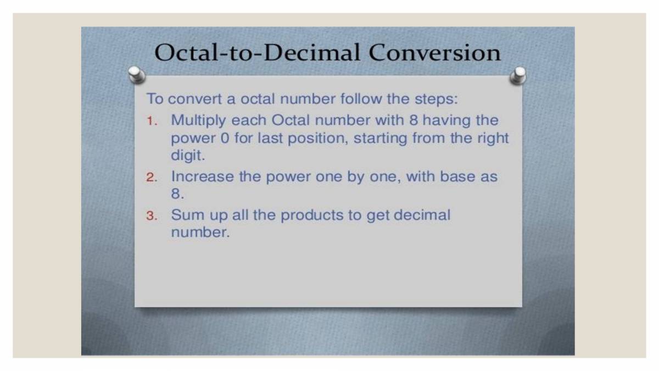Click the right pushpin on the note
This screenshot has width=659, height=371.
pos(517,75)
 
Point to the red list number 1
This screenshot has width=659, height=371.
pos(152,121)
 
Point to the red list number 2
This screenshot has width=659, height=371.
pos(152,178)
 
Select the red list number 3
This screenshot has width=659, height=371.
pos(152,216)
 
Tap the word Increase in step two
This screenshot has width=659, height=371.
pos(202,177)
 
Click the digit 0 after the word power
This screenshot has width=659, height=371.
pos(224,138)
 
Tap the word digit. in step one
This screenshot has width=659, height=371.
pos(187,155)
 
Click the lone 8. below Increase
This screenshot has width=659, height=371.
pos(178,195)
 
